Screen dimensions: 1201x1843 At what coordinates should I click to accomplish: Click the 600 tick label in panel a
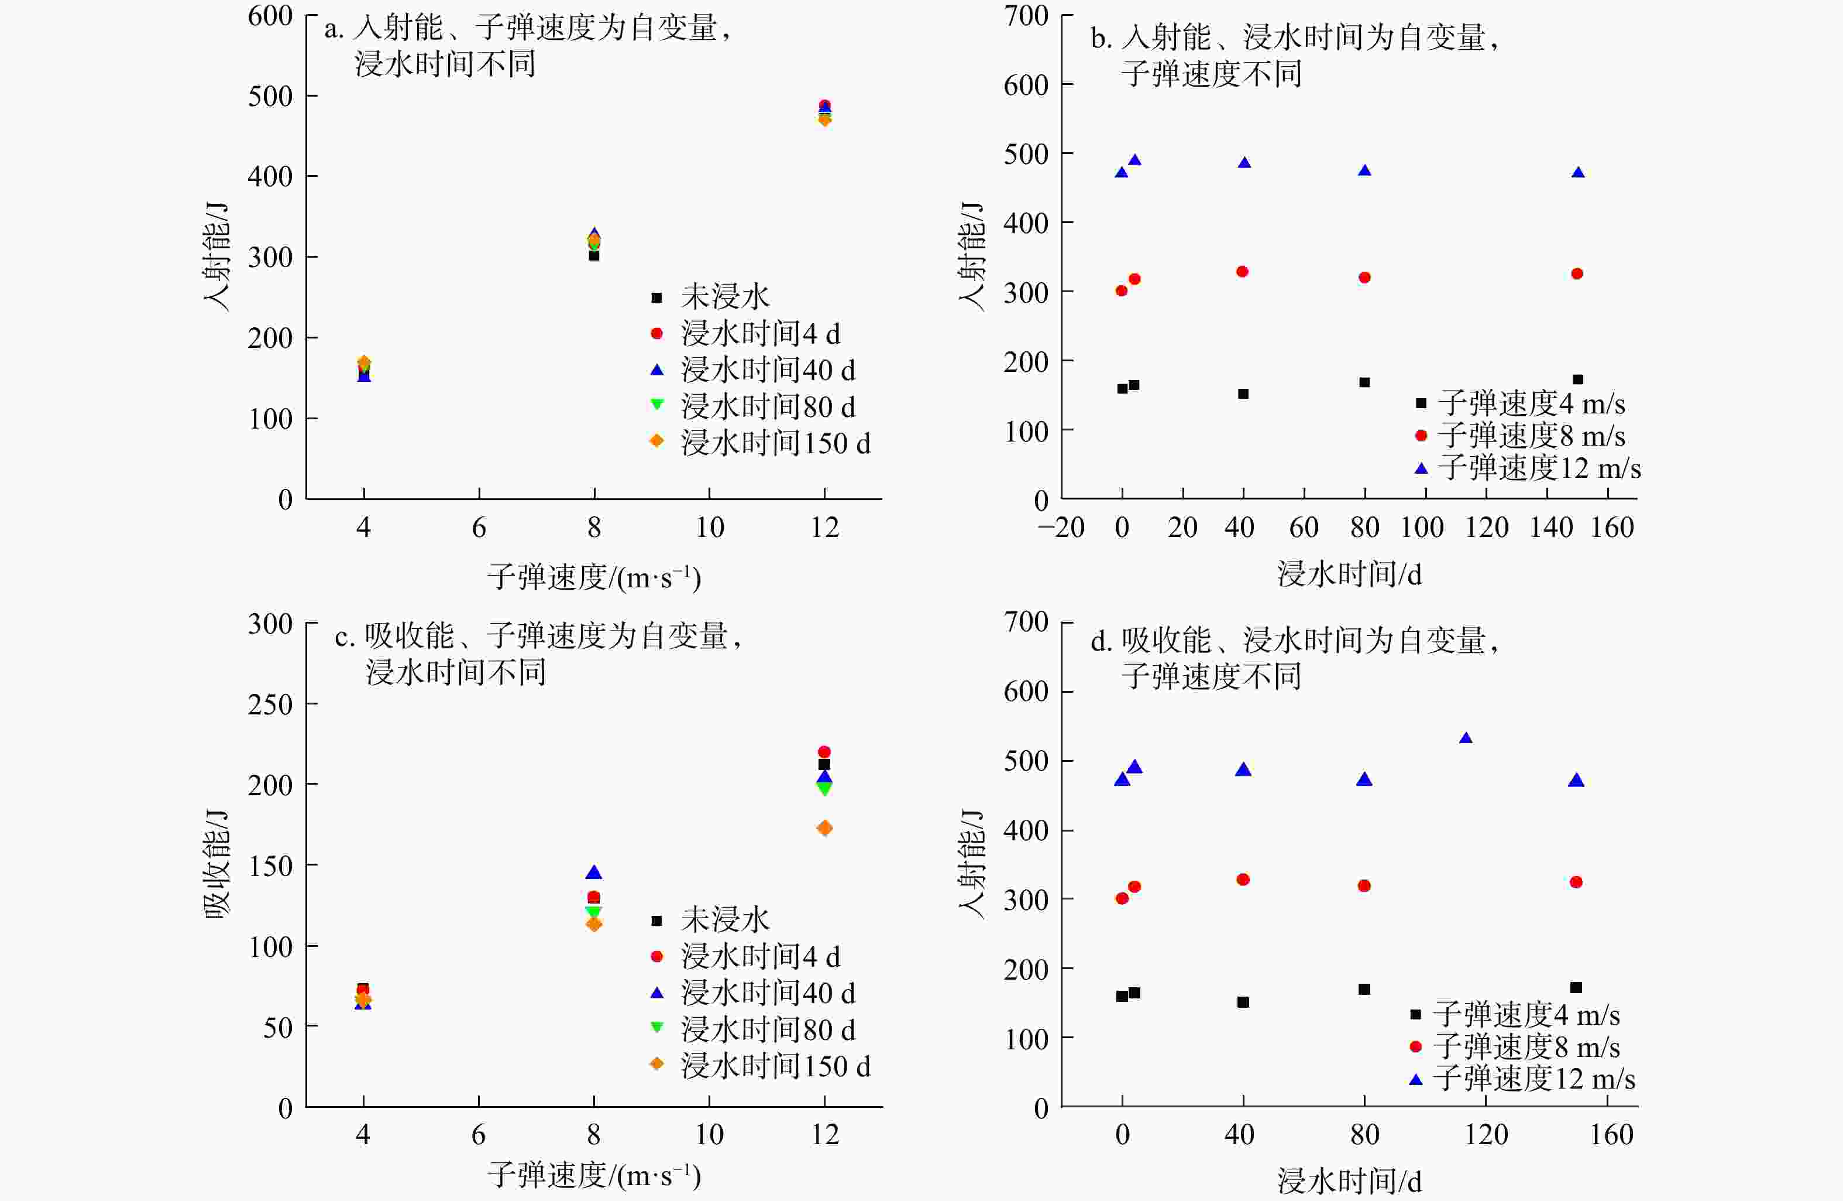(x=270, y=16)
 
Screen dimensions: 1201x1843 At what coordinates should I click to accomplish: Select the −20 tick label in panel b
(x=1061, y=528)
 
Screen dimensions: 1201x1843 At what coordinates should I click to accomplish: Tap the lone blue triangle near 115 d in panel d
(x=1465, y=738)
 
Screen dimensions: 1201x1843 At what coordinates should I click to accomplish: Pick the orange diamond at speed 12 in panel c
(x=825, y=829)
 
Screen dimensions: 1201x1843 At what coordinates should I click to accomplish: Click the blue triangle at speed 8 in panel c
(x=594, y=873)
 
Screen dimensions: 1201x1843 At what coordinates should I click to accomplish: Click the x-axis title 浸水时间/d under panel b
(x=1349, y=574)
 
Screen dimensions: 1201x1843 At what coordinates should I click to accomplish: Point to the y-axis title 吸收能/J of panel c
(x=218, y=864)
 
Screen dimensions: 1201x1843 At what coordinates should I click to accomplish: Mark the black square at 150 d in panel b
(x=1577, y=379)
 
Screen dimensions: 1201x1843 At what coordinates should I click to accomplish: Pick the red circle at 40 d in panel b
(x=1242, y=272)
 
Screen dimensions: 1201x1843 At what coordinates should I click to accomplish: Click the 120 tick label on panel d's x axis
(x=1486, y=1135)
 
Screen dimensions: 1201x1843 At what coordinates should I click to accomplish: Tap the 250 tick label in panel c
(x=270, y=704)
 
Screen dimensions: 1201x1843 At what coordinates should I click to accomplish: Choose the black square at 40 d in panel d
(x=1243, y=1002)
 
